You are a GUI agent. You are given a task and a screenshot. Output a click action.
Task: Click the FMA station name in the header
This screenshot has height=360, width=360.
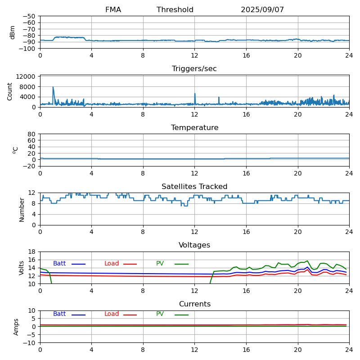113,10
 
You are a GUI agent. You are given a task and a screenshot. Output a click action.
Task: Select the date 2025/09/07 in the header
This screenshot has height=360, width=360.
262,10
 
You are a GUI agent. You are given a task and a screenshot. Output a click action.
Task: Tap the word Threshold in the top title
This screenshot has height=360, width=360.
175,10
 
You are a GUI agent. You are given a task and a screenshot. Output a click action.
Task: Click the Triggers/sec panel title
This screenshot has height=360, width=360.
194,69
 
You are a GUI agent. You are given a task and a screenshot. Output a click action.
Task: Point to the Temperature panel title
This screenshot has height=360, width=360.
194,128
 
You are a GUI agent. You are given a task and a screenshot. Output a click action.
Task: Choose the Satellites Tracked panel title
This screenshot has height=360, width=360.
194,187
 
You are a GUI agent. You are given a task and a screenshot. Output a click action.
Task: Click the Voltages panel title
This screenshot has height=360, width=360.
194,245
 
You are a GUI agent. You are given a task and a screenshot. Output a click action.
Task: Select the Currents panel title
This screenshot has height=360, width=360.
194,304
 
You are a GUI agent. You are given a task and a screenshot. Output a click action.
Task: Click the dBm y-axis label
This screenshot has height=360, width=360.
13,32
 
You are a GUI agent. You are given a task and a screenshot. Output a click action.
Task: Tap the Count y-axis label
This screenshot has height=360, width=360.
10,91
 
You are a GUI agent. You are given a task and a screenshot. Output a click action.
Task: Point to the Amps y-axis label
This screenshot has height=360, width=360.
16,327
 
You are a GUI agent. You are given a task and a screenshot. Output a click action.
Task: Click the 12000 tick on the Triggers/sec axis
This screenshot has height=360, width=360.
27,77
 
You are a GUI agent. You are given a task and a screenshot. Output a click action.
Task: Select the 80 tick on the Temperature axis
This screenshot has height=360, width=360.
32,134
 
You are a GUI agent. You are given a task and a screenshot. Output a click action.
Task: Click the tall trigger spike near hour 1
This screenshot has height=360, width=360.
53,87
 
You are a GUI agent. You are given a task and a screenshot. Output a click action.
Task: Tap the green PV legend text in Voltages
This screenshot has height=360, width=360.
160,264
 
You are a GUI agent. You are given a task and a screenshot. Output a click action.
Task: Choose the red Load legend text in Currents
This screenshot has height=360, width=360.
112,314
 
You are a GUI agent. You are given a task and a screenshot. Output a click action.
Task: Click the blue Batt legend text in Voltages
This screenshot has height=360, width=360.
59,264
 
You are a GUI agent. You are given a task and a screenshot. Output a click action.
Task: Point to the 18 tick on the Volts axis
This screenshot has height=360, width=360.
32,252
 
